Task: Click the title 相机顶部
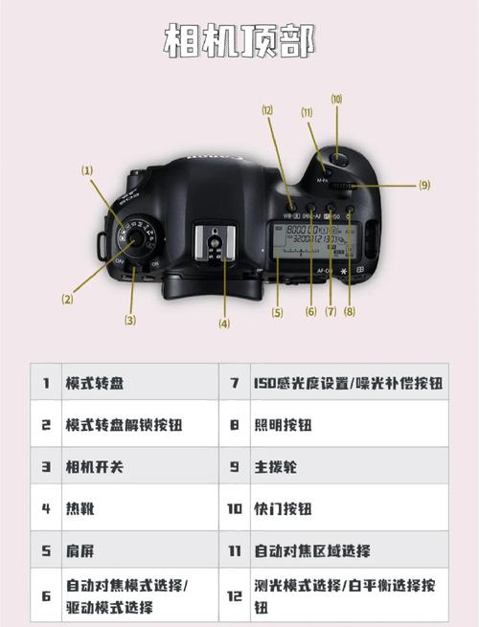239,42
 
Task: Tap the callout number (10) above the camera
336,99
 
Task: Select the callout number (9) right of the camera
423,184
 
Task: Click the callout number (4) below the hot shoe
224,324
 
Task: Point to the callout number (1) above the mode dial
87,170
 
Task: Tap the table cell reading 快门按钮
282,508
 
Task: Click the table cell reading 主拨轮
274,467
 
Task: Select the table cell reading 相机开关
94,467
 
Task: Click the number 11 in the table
235,550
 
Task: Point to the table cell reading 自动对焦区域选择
311,550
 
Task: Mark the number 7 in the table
235,383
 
